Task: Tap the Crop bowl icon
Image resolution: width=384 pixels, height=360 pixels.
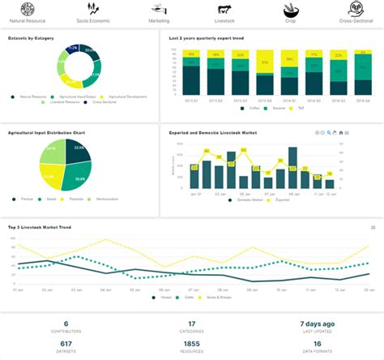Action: coord(291,10)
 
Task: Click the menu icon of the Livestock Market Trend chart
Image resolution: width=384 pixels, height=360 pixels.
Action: coord(373,227)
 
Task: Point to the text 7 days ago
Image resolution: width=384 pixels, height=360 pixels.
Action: coord(318,324)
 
